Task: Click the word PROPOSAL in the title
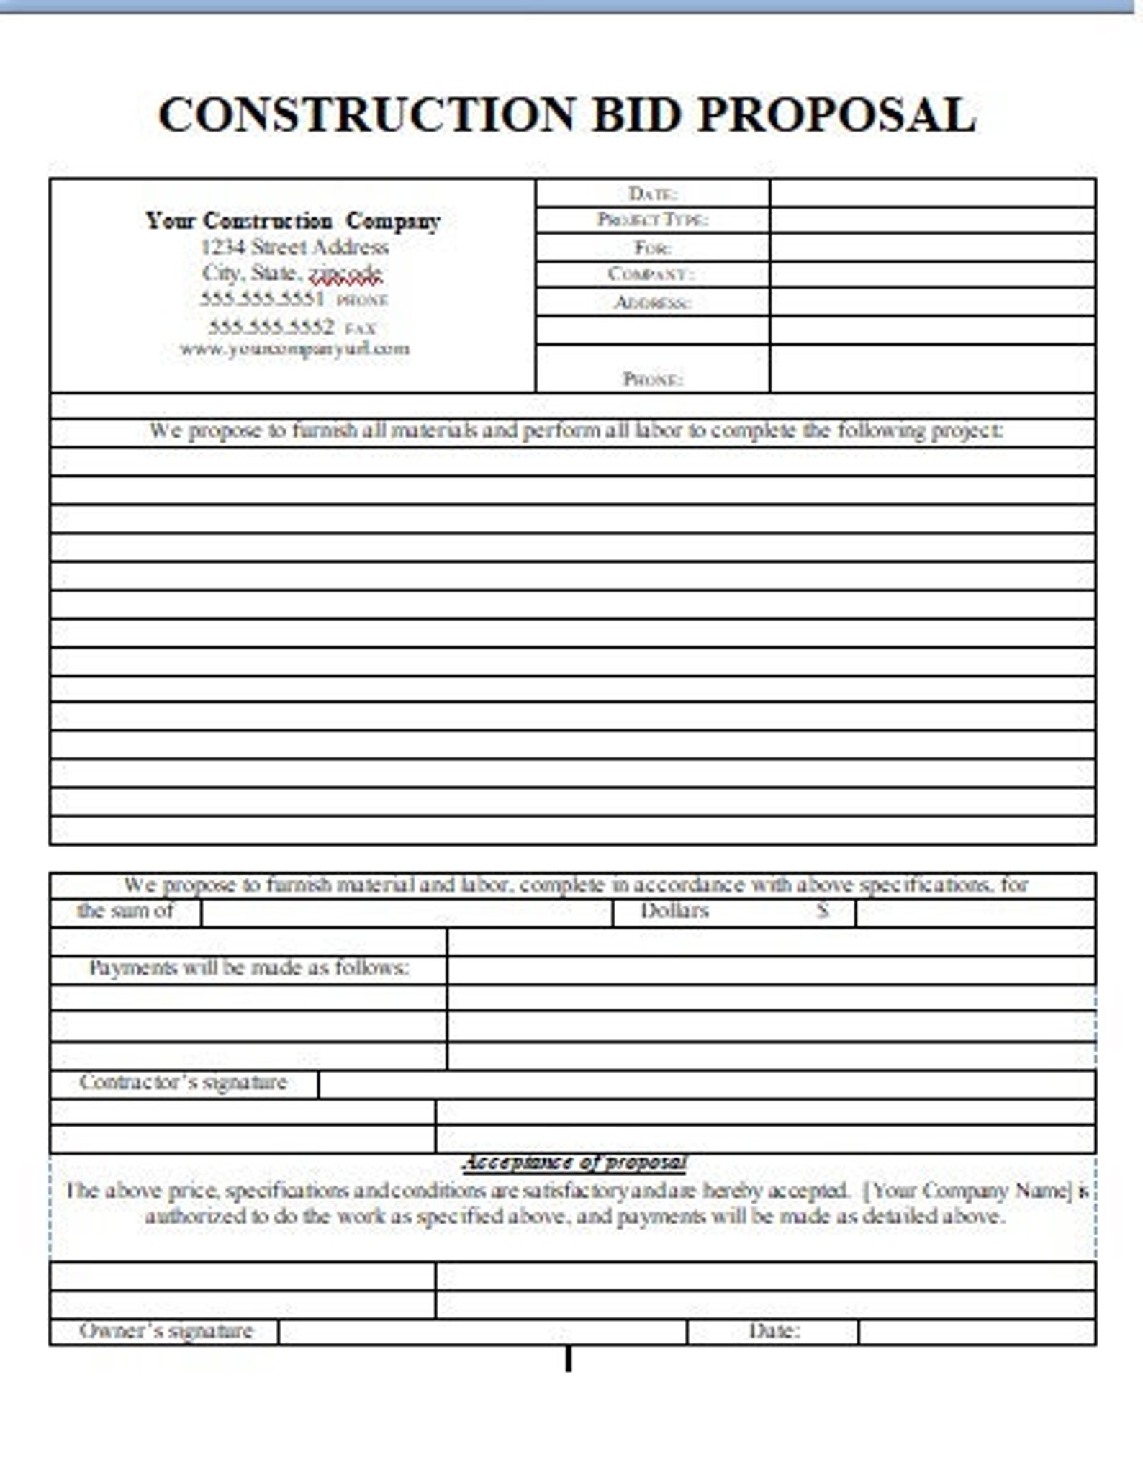click(836, 115)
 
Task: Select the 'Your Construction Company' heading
click(292, 220)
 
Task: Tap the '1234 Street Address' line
click(294, 247)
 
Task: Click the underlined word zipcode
click(345, 274)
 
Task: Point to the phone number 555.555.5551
click(262, 299)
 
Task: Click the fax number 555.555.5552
click(271, 328)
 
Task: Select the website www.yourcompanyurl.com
click(294, 349)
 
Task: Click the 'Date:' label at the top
click(652, 193)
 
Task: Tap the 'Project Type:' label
click(652, 220)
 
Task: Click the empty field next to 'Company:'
click(932, 274)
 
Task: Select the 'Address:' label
click(652, 302)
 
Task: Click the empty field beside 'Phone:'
click(932, 369)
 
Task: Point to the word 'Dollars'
click(674, 911)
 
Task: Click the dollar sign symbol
click(823, 911)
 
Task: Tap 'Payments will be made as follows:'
click(248, 968)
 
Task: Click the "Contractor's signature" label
click(183, 1082)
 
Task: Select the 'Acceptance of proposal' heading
click(574, 1163)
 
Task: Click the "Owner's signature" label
click(166, 1330)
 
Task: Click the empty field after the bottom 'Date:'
click(976, 1332)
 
